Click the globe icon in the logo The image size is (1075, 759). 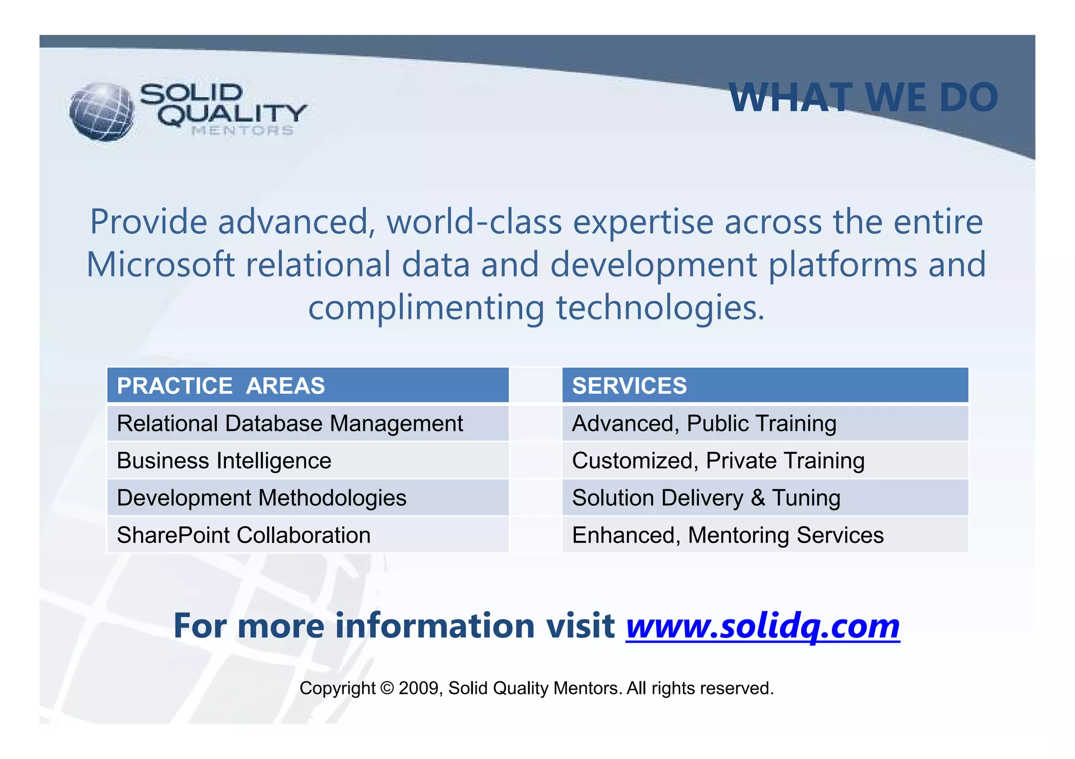tap(102, 111)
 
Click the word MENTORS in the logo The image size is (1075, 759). tap(243, 131)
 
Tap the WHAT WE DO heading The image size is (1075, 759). tap(863, 98)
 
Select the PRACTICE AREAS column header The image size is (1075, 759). tap(308, 386)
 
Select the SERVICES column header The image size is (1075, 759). tap(765, 386)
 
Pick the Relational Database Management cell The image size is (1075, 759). tap(308, 423)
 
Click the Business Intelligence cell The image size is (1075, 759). tap(308, 461)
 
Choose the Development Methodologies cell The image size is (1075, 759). tap(308, 498)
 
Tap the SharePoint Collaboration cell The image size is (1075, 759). tap(308, 535)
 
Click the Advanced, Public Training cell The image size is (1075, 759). tap(765, 423)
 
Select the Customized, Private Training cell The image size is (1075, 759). tap(765, 461)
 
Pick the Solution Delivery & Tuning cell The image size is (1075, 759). tap(765, 498)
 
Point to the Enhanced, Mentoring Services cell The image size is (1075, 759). tap(765, 535)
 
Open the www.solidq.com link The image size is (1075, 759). tap(762, 626)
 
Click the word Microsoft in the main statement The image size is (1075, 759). tap(160, 264)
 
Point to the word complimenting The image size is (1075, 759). tap(426, 308)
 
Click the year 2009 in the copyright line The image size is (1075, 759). tap(419, 688)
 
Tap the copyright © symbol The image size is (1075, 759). tap(387, 688)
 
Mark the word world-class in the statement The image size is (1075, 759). tap(474, 222)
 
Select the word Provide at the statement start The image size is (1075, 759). tap(149, 222)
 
